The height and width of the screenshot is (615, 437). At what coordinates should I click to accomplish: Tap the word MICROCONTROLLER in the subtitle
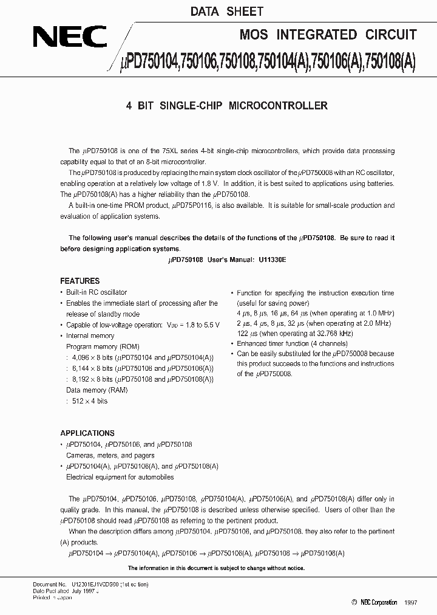tap(279, 106)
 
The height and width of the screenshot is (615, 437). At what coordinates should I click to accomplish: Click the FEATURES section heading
tap(80, 281)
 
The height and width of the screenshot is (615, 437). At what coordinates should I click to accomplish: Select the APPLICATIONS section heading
tap(87, 433)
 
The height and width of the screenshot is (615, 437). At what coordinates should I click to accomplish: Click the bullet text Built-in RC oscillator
tap(97, 292)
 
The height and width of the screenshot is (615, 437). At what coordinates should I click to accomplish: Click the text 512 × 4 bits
tap(90, 401)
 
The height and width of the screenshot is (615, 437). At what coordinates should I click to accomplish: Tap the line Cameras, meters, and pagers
tap(110, 455)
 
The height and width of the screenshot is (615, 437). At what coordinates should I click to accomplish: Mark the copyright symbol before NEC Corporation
tap(354, 602)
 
